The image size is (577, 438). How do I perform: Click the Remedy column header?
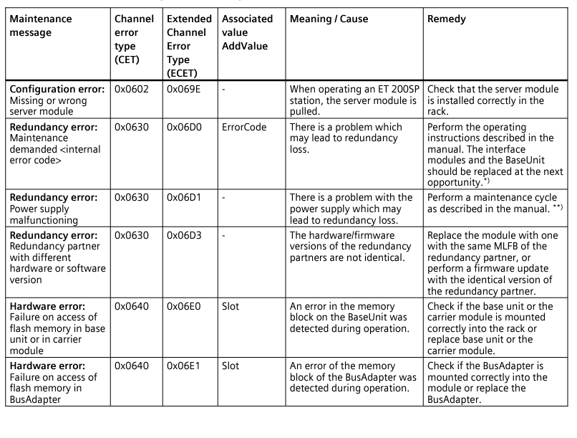pyautogui.click(x=446, y=19)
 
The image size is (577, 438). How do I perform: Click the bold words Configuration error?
pyautogui.click(x=56, y=89)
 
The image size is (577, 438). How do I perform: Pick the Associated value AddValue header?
pyautogui.click(x=247, y=32)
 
